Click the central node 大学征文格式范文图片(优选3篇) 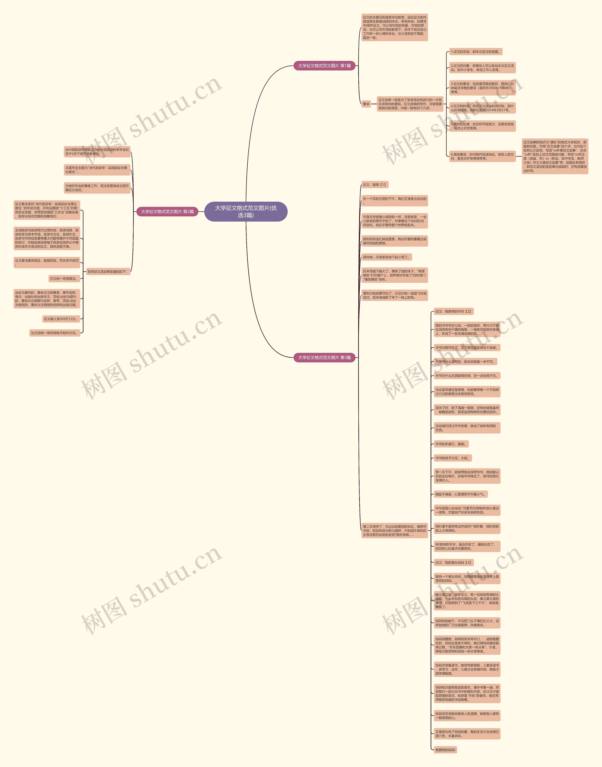tap(246, 212)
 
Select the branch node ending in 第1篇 tap(324, 66)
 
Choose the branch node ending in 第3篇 tap(324, 358)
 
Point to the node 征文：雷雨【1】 tap(375, 185)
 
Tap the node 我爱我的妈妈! tap(445, 750)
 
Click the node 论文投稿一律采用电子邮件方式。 tap(54, 333)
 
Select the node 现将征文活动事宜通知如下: tap(107, 272)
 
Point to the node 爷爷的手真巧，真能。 tap(451, 444)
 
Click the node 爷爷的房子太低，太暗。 tap(452, 458)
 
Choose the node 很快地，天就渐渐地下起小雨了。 tap(387, 257)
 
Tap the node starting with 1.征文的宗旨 tap(475, 52)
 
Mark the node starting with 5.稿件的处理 tap(482, 126)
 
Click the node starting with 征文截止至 tap(61, 319)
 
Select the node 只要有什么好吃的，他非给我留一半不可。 tap(465, 362)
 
